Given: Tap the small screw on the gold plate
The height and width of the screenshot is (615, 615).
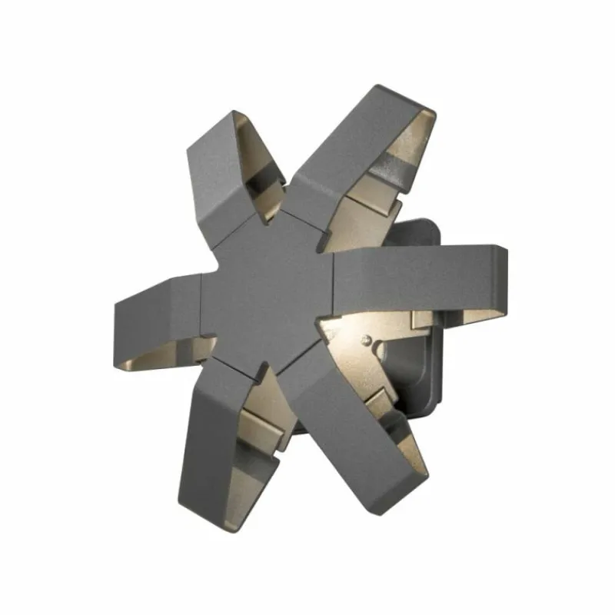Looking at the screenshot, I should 367,339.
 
